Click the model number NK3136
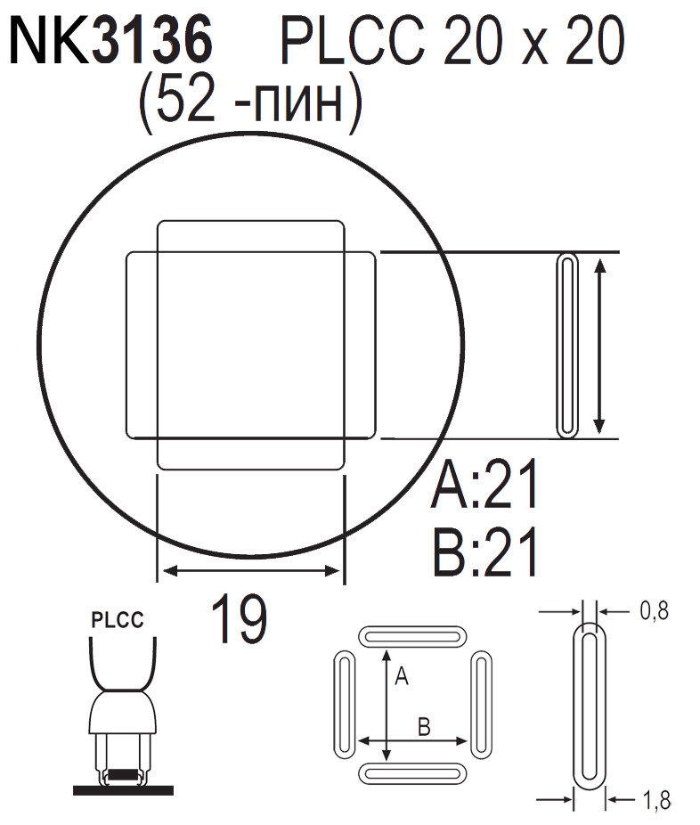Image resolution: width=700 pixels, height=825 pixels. [x=110, y=42]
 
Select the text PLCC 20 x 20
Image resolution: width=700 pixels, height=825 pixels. [x=451, y=42]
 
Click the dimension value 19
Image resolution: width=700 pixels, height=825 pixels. [x=239, y=620]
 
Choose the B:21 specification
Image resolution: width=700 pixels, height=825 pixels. [x=486, y=553]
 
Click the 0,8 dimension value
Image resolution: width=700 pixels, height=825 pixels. [x=654, y=610]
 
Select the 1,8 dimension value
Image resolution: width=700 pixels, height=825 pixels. [x=655, y=801]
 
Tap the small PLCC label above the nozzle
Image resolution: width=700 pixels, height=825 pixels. [x=118, y=620]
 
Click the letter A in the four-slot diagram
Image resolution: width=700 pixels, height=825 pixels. [x=401, y=678]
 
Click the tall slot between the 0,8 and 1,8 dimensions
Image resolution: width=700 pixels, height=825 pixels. [x=587, y=706]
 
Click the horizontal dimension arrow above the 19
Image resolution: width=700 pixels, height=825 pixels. [x=250, y=571]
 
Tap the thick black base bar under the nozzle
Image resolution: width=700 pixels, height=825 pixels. [x=123, y=788]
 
